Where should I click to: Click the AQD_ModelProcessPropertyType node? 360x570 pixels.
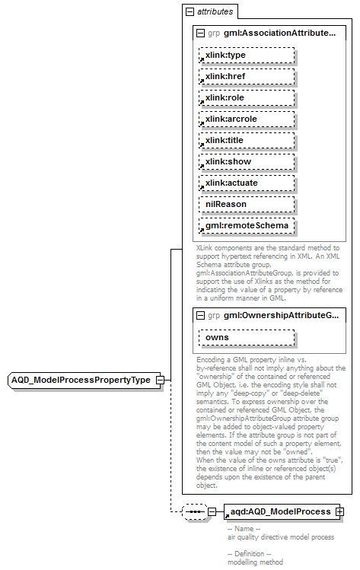point(81,380)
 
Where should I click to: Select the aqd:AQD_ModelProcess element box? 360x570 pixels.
point(279,512)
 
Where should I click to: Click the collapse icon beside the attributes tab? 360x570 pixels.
point(190,12)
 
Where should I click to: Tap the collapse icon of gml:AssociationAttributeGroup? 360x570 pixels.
point(200,34)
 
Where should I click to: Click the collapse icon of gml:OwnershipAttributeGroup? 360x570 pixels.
point(200,315)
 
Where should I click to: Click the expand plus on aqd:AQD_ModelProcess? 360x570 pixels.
point(340,512)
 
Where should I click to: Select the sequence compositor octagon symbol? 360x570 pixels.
point(195,512)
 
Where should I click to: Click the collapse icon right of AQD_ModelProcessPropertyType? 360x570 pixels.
point(160,380)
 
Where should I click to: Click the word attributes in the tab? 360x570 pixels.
point(215,12)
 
